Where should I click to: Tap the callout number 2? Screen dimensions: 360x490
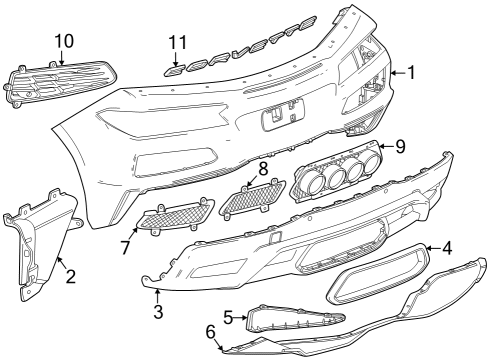pos(69,274)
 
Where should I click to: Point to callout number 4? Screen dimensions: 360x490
pos(447,248)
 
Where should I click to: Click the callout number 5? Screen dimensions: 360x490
pos(227,318)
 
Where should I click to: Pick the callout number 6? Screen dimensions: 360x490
pos(210,331)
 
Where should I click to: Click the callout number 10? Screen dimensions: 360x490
pos(64,40)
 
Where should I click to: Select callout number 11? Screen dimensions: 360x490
pos(178,42)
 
